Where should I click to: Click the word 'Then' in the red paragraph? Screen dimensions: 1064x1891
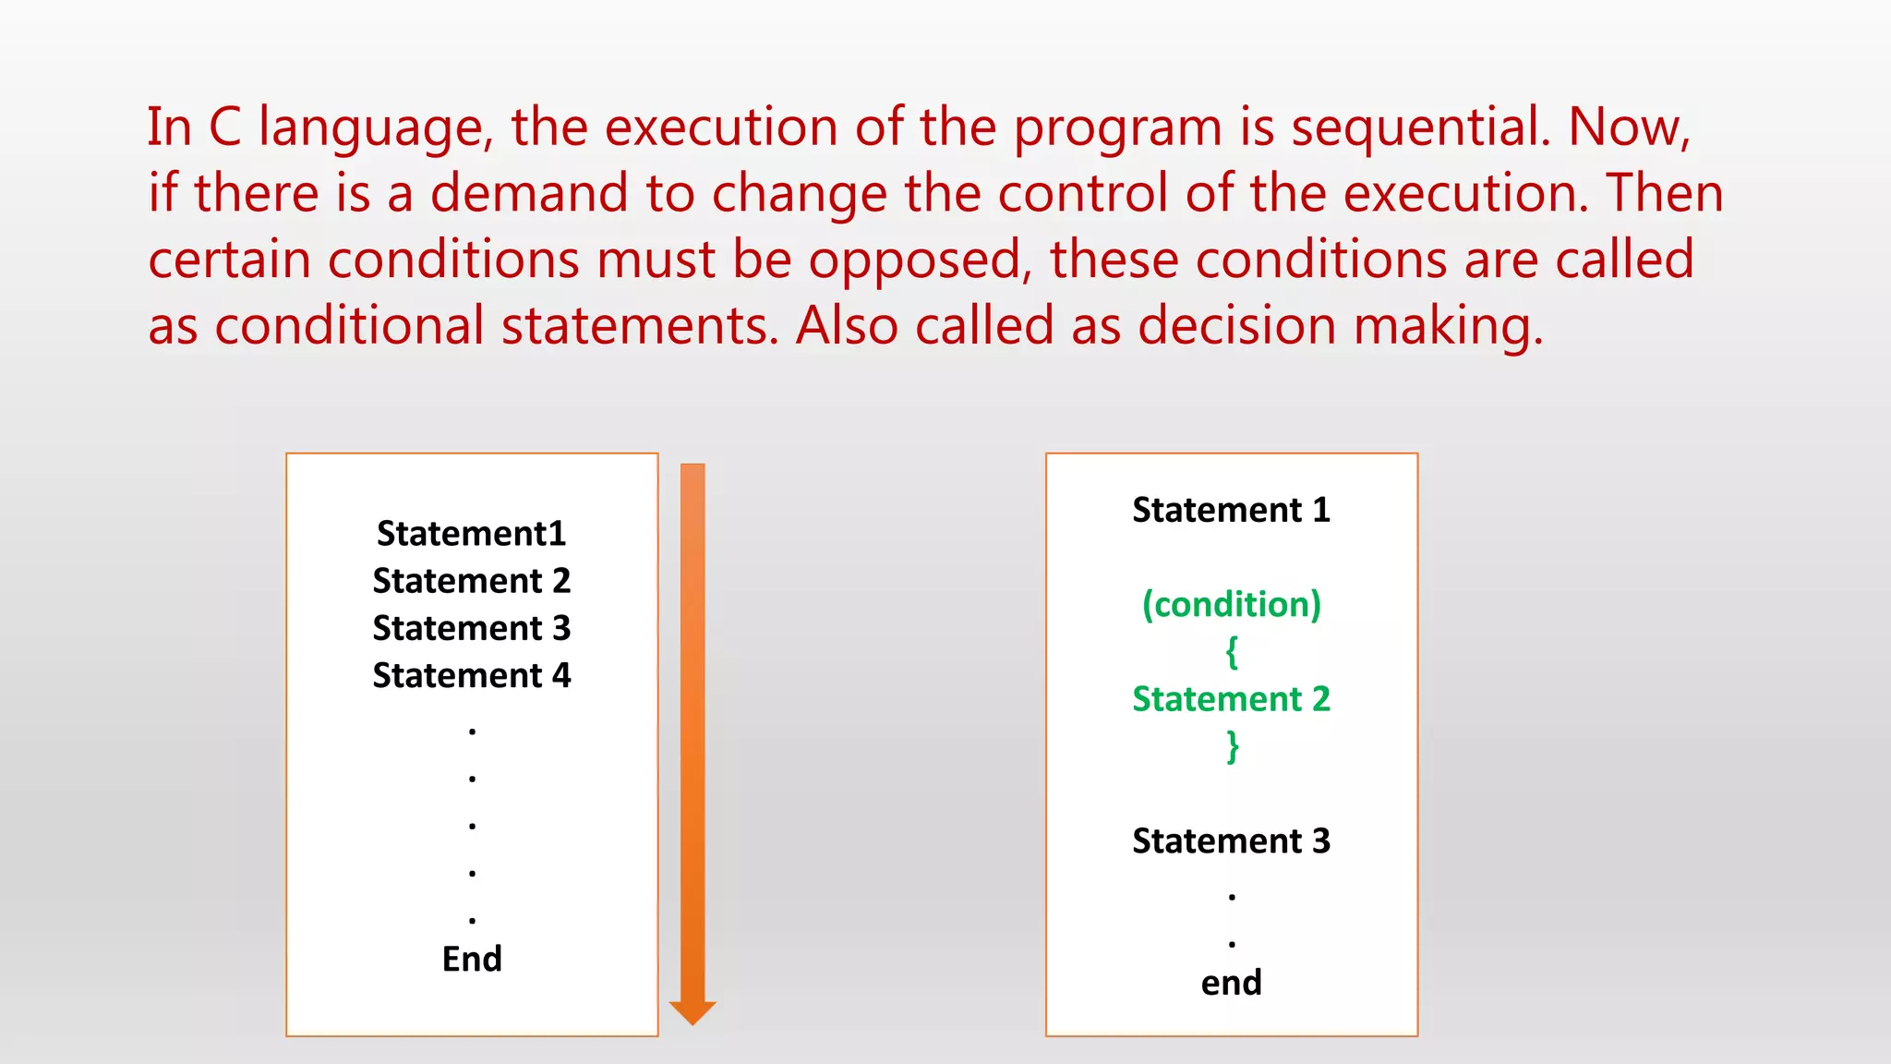tap(1664, 193)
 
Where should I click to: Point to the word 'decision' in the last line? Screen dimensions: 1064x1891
tap(1236, 326)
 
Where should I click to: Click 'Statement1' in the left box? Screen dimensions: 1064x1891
tap(471, 534)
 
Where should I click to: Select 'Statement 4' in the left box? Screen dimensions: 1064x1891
tap(471, 676)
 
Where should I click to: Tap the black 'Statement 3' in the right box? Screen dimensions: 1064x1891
tap(1231, 841)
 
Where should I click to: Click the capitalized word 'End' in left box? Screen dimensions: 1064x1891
tap(472, 960)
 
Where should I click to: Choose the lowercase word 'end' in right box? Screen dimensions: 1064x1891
tap(1231, 983)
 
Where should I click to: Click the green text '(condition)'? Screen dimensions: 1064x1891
tap(1231, 605)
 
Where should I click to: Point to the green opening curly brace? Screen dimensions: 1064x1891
tap(1231, 652)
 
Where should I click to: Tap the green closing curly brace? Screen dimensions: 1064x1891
tap(1232, 746)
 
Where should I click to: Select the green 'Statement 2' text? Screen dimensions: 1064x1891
tap(1231, 699)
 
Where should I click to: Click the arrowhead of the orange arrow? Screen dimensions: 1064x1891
tap(693, 1013)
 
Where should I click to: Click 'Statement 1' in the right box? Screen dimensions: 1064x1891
tap(1231, 510)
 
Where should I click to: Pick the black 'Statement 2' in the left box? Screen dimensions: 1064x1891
tap(471, 581)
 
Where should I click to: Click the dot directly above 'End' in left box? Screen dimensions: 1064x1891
tap(472, 920)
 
